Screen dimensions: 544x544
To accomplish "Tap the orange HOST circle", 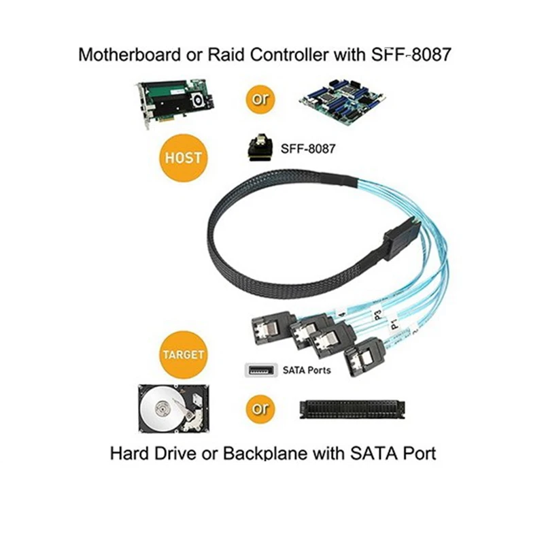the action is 183,157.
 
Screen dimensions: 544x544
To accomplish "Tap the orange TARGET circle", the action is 183,355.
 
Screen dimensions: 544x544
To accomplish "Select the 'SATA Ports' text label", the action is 307,371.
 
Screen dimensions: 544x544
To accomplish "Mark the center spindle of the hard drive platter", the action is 163,410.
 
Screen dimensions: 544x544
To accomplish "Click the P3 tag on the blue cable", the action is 377,314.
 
